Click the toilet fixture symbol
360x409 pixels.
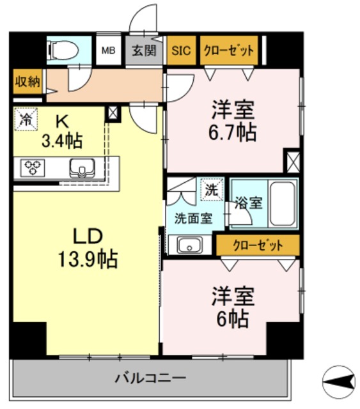pos(63,49)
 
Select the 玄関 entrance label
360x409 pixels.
pos(144,50)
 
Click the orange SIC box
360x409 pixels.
pos(180,50)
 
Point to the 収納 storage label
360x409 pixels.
pos(26,82)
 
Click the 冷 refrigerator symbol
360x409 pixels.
pos(26,119)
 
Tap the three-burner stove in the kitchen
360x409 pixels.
pos(32,167)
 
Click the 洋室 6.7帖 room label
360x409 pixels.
pos(233,121)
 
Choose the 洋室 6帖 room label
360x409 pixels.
pos(233,307)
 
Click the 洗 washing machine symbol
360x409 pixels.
pos(211,189)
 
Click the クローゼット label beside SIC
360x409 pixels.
pos(228,50)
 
